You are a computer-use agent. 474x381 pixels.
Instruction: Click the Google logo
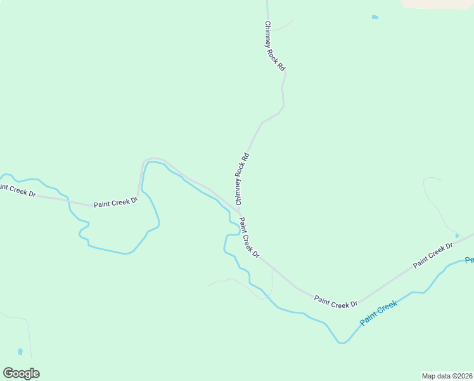[22, 373]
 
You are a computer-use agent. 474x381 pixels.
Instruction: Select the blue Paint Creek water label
[378, 313]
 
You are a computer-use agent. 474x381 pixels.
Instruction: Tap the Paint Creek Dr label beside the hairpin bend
[115, 203]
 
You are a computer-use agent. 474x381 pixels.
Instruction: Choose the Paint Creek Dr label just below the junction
[249, 238]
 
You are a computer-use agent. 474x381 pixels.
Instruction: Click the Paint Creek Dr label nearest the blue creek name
[336, 303]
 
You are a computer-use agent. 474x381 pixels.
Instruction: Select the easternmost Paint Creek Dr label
[433, 255]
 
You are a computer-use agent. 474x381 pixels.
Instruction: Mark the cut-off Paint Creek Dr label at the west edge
[17, 190]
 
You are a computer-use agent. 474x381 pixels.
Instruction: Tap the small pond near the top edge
[375, 17]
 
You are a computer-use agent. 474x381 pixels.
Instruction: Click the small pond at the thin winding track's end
[457, 236]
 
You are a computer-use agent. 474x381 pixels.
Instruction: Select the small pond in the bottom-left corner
[20, 351]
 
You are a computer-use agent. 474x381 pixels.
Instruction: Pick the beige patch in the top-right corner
[437, 3]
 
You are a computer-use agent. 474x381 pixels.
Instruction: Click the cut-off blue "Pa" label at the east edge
[469, 260]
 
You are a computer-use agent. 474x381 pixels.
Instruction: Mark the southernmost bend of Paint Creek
[342, 342]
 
